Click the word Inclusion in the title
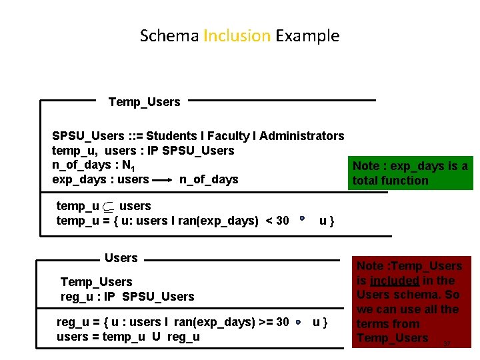[237, 35]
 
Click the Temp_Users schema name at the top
[144, 102]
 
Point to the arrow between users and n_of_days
[163, 180]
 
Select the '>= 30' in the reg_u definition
[273, 322]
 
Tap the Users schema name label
[121, 258]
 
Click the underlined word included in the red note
[395, 281]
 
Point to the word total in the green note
[367, 180]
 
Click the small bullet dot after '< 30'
[301, 218]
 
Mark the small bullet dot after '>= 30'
[299, 322]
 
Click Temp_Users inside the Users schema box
[96, 282]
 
